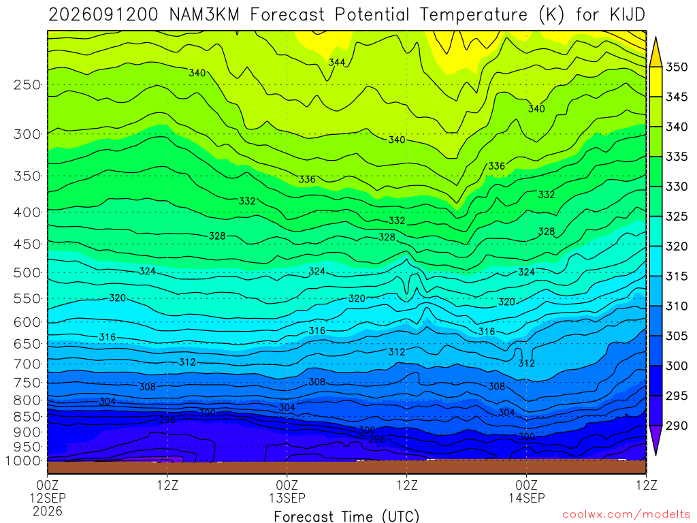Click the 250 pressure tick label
(x=27, y=84)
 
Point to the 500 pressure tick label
(x=27, y=272)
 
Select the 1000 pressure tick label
(x=24, y=461)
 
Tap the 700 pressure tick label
(x=27, y=364)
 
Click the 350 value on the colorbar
(x=677, y=67)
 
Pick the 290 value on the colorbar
(x=677, y=426)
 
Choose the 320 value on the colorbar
(x=677, y=247)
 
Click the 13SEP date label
(x=287, y=498)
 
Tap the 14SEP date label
(x=527, y=498)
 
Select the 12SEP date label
(x=48, y=498)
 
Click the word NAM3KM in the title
(x=204, y=15)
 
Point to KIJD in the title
(x=627, y=15)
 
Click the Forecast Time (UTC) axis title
(x=346, y=516)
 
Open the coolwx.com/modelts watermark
(x=626, y=515)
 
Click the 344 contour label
(x=337, y=62)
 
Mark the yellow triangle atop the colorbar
(x=655, y=52)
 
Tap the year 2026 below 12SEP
(x=48, y=511)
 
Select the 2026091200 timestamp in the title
(x=103, y=15)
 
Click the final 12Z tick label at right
(x=646, y=485)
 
